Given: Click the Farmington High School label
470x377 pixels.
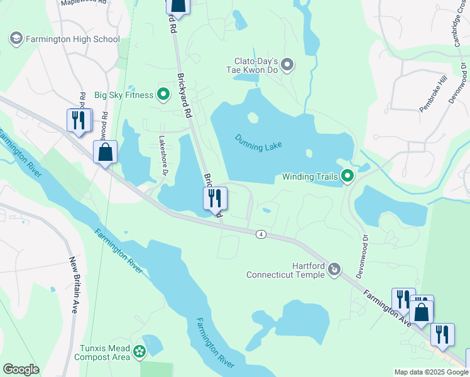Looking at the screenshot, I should tap(72, 39).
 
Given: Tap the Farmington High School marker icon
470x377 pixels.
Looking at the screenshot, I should tap(16, 39).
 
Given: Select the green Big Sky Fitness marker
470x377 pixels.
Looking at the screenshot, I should tap(163, 95).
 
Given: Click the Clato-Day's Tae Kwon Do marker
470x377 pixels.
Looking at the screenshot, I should tap(288, 64).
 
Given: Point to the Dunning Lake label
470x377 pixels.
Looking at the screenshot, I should tap(258, 141).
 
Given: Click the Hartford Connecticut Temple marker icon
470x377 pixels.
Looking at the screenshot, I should tap(335, 270).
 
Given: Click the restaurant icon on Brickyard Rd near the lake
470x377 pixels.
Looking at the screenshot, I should tap(215, 198).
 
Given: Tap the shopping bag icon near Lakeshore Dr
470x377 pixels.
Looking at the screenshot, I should tap(105, 151).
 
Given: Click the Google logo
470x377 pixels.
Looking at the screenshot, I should tap(21, 369).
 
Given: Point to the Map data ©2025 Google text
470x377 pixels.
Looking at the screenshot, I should tap(431, 372).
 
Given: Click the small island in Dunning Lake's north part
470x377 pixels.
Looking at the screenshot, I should tap(253, 117).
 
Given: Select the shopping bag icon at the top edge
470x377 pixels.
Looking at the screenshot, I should tap(178, 5).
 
